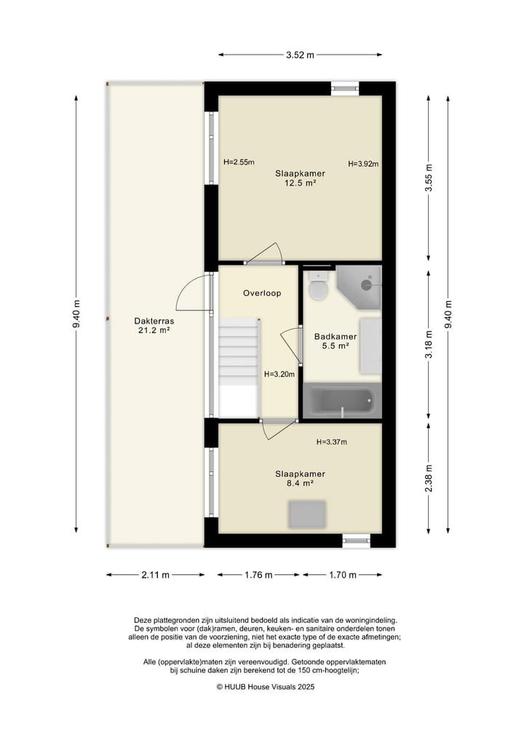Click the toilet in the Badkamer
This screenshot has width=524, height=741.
[x=318, y=286]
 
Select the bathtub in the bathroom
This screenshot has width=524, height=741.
[x=342, y=401]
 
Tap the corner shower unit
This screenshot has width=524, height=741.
[x=359, y=287]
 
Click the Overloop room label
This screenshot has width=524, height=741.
[x=262, y=293]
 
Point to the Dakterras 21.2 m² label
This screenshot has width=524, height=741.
[x=154, y=326]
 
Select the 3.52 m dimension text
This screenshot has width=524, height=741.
[x=300, y=55]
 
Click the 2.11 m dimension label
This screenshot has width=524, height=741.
[x=155, y=575]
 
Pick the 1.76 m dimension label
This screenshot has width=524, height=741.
[x=258, y=575]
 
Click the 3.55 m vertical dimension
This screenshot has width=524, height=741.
[x=429, y=178]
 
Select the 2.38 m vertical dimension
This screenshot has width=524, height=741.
[x=429, y=478]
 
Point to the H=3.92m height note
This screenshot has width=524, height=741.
[x=363, y=164]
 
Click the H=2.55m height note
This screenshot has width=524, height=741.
[x=239, y=162]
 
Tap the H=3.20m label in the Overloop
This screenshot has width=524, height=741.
[x=279, y=375]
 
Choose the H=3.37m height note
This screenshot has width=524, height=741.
[x=331, y=442]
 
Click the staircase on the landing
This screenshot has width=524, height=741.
[x=239, y=368]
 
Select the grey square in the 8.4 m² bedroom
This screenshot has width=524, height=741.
[x=307, y=514]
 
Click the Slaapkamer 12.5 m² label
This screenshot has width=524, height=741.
[x=301, y=179]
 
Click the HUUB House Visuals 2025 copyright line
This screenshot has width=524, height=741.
[x=266, y=686]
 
